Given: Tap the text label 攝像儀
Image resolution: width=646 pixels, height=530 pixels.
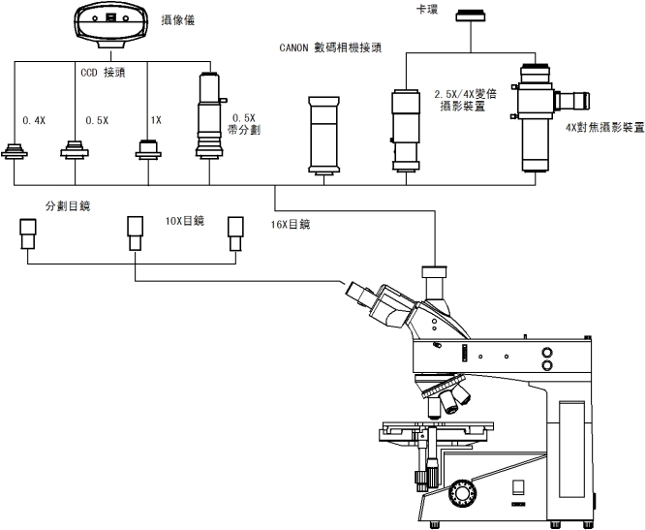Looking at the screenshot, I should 176,17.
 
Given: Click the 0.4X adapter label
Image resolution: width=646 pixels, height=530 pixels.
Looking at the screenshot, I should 33,121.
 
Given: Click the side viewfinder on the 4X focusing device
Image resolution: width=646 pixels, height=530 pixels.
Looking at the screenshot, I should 578,99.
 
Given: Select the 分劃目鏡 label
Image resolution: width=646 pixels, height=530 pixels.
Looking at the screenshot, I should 69,206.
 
